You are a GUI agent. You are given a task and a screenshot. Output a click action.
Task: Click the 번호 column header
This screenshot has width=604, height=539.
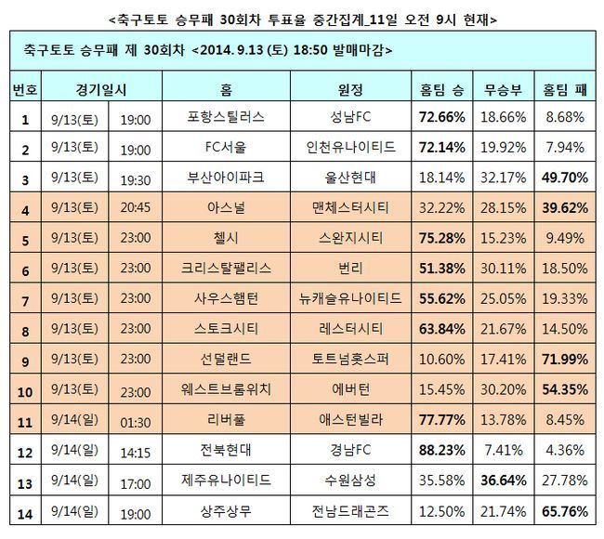click(x=24, y=90)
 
